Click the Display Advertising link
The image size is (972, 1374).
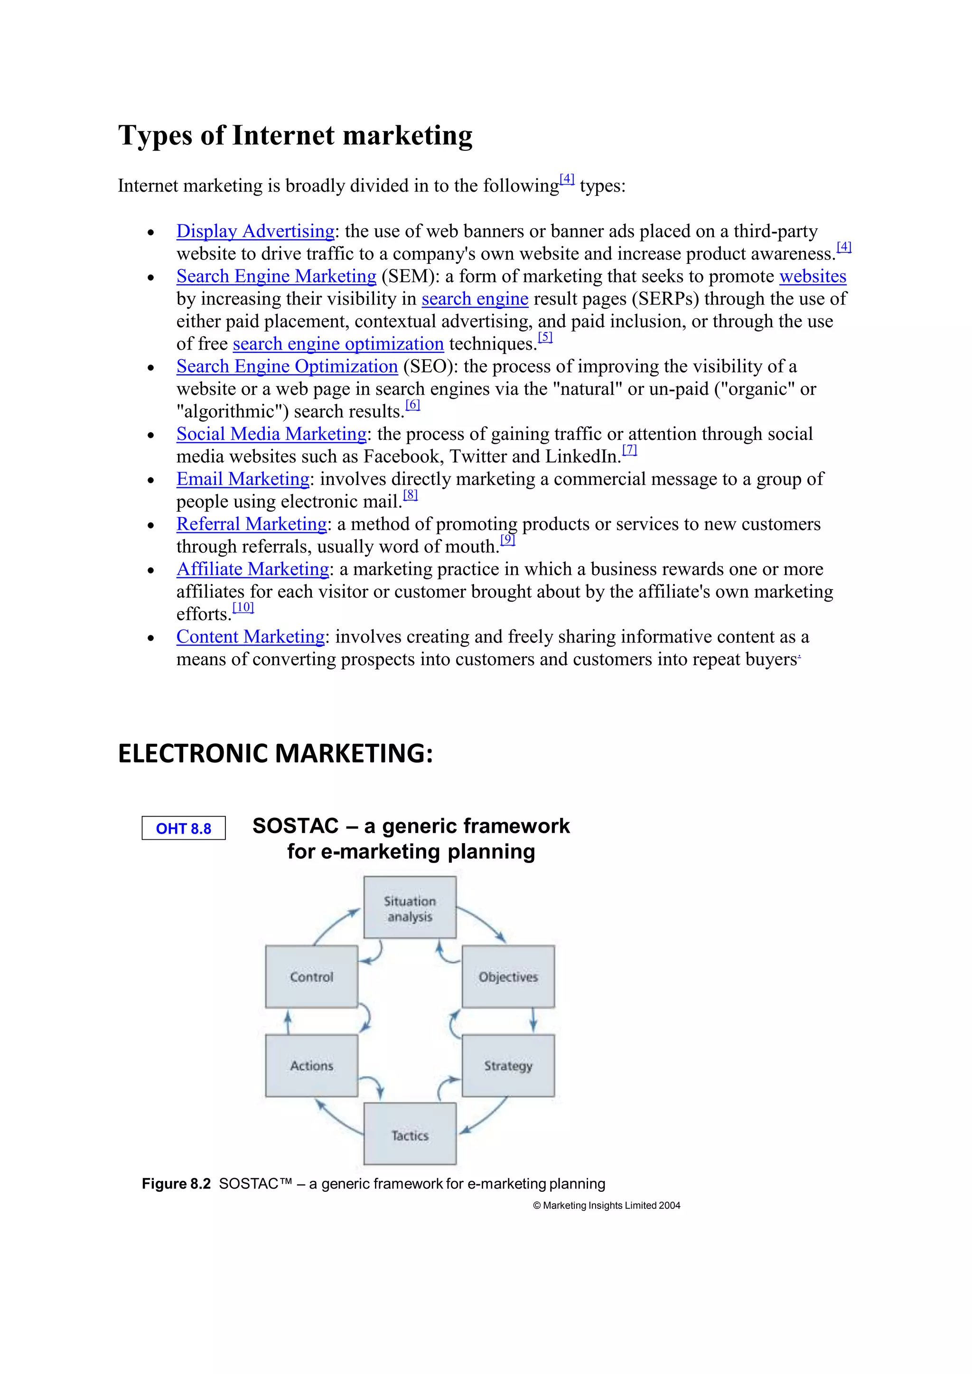pos(255,231)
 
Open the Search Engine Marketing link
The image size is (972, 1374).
pos(276,277)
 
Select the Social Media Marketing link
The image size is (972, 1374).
pos(271,434)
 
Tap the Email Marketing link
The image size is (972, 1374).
pos(243,479)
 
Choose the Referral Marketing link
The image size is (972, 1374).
pos(252,524)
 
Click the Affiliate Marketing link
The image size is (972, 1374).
pos(252,569)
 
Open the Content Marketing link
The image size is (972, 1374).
pos(250,637)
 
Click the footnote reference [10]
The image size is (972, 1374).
pos(243,607)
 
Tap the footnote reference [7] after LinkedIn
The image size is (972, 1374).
pos(630,449)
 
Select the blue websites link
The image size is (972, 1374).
pos(812,277)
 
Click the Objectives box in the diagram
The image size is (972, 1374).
pos(508,976)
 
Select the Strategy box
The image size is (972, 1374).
pos(508,1066)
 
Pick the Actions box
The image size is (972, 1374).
pos(311,1066)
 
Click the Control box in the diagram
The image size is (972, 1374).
pos(311,976)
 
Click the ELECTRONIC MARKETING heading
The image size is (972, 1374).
pos(275,753)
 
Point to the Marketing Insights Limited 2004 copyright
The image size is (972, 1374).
pos(606,1205)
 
